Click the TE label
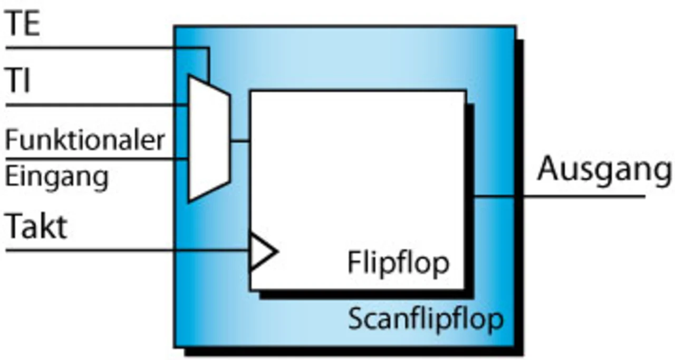coord(22,25)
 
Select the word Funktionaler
coord(85,141)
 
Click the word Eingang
coord(56,177)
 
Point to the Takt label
coord(36,227)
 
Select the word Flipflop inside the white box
coord(398,262)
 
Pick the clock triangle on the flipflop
coord(261,250)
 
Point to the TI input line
coord(95,105)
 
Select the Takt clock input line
coord(127,250)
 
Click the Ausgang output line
coord(580,197)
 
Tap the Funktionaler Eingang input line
coord(95,158)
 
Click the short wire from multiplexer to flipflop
coord(240,141)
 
